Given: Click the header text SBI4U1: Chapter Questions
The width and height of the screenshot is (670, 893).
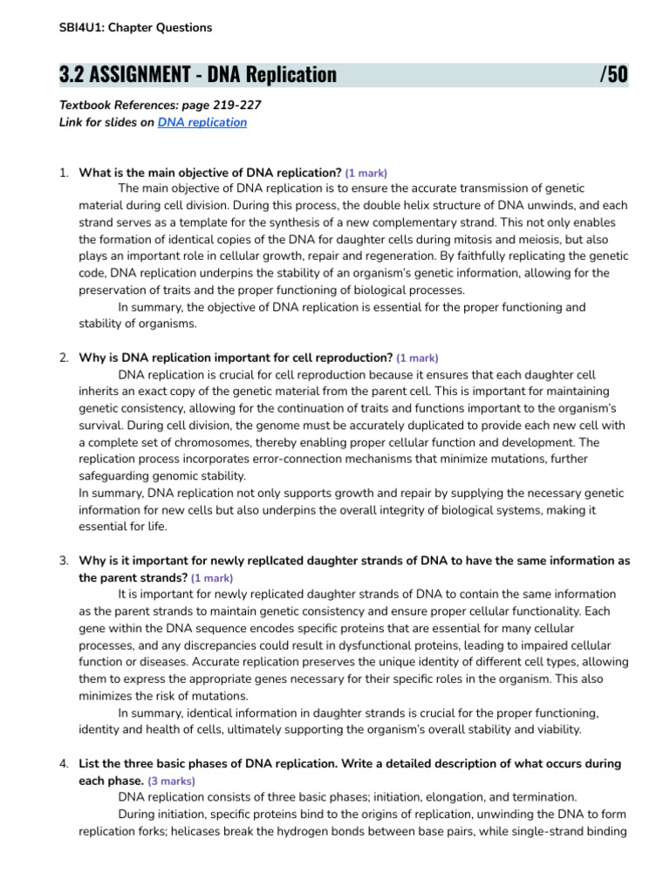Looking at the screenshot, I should pyautogui.click(x=135, y=28).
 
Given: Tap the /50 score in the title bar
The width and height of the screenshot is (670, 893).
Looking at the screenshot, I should pyautogui.click(x=613, y=75).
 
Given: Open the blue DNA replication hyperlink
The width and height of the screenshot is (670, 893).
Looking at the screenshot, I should pyautogui.click(x=202, y=123).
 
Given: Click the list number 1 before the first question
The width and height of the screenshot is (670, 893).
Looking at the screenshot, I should pyautogui.click(x=64, y=172).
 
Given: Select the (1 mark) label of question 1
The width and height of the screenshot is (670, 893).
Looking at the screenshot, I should pyautogui.click(x=366, y=173).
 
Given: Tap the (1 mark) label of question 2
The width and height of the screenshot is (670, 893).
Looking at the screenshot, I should pyautogui.click(x=417, y=358).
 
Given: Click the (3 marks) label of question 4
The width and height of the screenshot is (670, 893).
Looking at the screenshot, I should pyautogui.click(x=172, y=781).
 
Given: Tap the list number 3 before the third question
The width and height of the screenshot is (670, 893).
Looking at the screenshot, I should pyautogui.click(x=64, y=560).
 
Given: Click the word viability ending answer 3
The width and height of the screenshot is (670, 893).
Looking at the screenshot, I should pyautogui.click(x=553, y=729).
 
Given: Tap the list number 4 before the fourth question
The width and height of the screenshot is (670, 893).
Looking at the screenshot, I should pyautogui.click(x=64, y=763).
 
